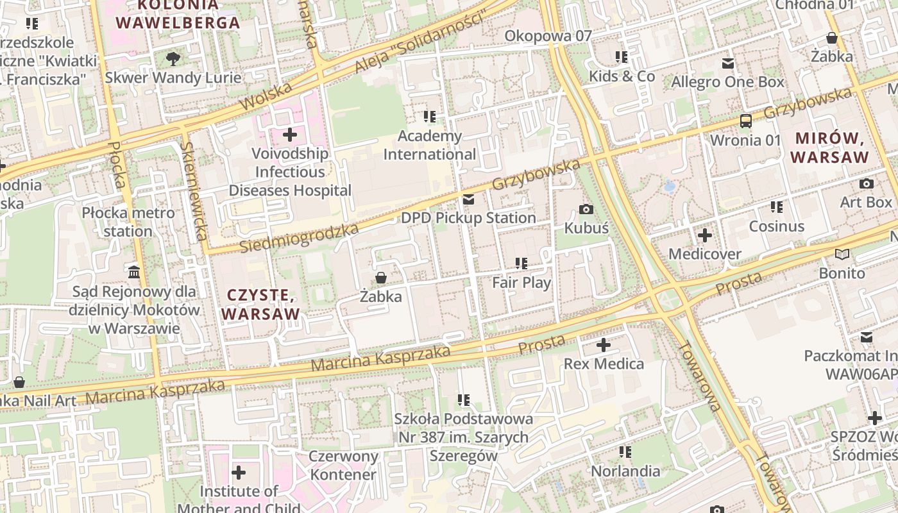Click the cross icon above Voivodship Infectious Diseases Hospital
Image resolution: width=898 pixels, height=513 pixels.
(x=290, y=135)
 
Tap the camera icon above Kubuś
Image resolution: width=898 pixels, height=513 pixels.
(x=586, y=209)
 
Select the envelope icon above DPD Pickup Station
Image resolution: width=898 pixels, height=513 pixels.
(x=468, y=199)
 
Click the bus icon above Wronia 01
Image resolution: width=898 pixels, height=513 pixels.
(x=746, y=121)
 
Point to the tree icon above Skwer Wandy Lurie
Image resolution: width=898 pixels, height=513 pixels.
(x=173, y=59)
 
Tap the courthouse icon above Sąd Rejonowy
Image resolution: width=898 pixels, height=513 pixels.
(x=134, y=273)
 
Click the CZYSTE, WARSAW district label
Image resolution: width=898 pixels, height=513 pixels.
(x=260, y=305)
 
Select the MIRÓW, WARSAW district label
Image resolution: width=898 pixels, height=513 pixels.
(x=829, y=147)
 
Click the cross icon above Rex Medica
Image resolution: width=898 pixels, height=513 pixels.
(x=604, y=345)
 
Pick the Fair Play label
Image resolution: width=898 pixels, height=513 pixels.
(x=521, y=282)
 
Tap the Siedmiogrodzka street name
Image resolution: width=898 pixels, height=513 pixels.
(x=299, y=238)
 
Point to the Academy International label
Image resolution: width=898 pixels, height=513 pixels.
(x=430, y=145)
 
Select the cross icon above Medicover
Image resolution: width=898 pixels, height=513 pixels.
(x=705, y=235)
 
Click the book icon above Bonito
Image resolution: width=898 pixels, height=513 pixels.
(x=842, y=255)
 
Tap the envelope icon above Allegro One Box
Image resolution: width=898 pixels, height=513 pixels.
(x=727, y=63)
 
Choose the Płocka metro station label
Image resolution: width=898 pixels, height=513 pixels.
(x=128, y=221)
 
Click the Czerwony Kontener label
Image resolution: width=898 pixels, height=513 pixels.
(x=343, y=466)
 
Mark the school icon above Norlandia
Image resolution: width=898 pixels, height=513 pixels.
(x=625, y=452)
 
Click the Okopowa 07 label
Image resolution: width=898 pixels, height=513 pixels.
(x=548, y=36)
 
